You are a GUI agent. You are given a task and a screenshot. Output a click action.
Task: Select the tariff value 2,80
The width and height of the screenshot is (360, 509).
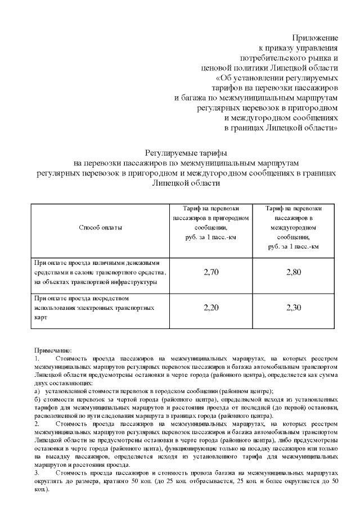[x=294, y=272]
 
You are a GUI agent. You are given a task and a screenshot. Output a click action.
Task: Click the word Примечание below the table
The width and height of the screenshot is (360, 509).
[x=53, y=349]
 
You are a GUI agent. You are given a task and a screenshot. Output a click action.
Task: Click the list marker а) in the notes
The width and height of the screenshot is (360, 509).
[x=37, y=390]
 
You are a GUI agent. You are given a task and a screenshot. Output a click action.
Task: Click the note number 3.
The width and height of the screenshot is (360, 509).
[x=37, y=474]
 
